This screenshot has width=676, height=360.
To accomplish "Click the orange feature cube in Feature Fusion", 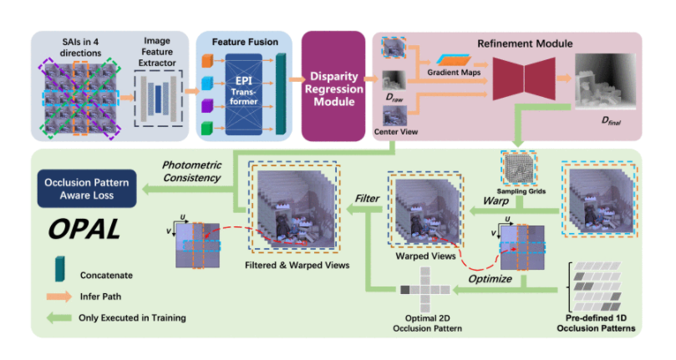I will click(x=209, y=61).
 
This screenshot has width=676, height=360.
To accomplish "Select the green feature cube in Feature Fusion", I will click(x=209, y=125).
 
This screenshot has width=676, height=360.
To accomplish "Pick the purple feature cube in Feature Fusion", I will click(x=209, y=104).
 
